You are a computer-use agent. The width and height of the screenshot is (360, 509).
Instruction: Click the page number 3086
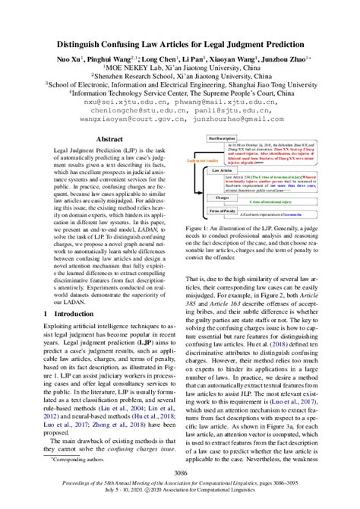coord(179,473)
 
